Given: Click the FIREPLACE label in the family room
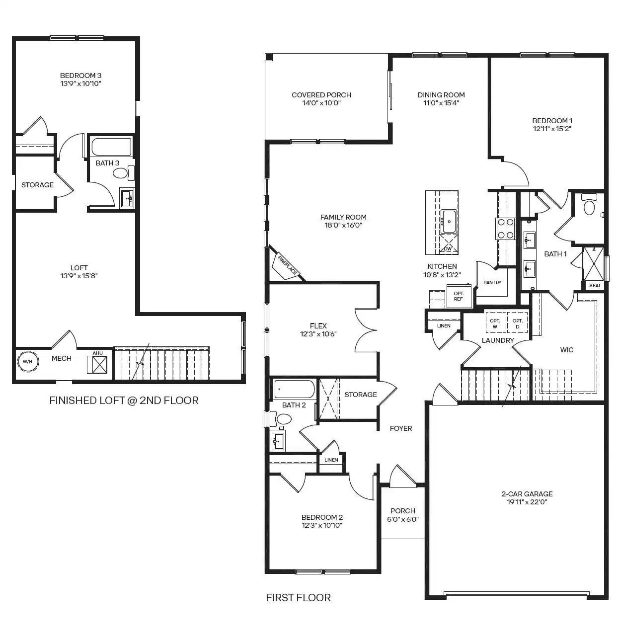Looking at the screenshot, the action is [287, 265].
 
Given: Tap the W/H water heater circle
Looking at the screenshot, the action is [28, 361].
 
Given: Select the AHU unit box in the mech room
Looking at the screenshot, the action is [97, 364].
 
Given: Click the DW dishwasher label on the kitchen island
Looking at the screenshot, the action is [448, 248].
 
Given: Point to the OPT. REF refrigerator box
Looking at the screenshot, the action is [459, 296].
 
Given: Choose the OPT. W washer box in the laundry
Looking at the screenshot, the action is [495, 322].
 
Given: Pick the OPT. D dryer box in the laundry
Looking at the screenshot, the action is [518, 322].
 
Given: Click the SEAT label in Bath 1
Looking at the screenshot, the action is [595, 285].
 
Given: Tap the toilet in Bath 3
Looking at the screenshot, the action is [123, 173].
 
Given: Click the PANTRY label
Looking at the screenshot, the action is [492, 282].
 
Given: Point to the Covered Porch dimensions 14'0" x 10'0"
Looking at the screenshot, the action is [321, 103].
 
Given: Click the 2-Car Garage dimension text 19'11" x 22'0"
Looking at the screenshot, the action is [527, 502].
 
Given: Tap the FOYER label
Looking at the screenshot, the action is [401, 428].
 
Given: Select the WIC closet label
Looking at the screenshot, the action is [567, 350].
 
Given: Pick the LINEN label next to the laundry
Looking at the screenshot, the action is [444, 325].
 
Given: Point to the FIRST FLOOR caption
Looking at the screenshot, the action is [299, 598].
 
